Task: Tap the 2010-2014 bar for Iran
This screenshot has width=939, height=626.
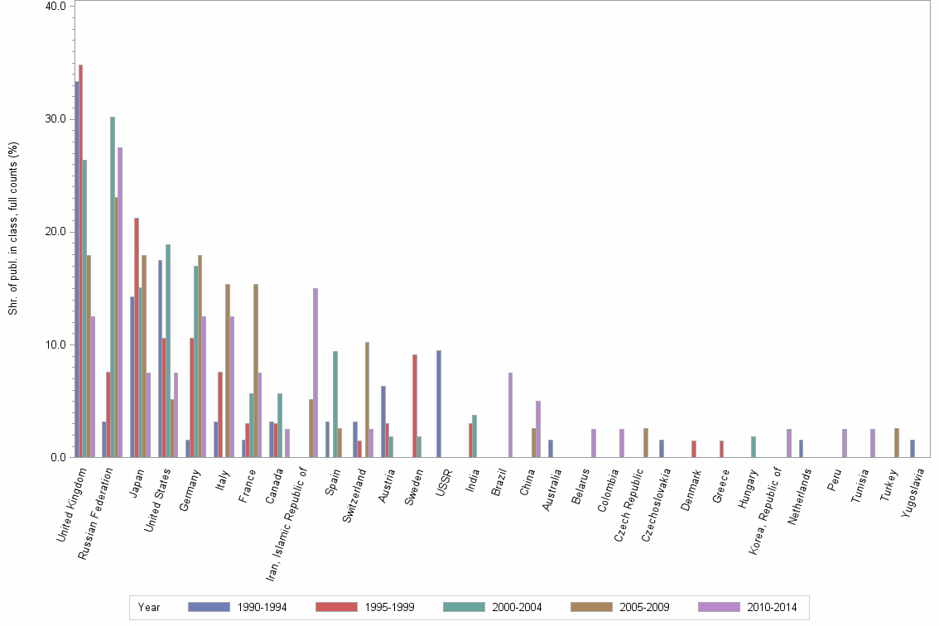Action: click(x=315, y=373)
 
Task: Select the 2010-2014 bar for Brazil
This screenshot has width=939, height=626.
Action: click(x=510, y=415)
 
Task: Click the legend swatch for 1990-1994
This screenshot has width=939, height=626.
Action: click(x=208, y=607)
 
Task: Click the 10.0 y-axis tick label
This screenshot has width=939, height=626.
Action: click(x=56, y=344)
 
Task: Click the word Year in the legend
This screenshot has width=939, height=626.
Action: click(x=150, y=607)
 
